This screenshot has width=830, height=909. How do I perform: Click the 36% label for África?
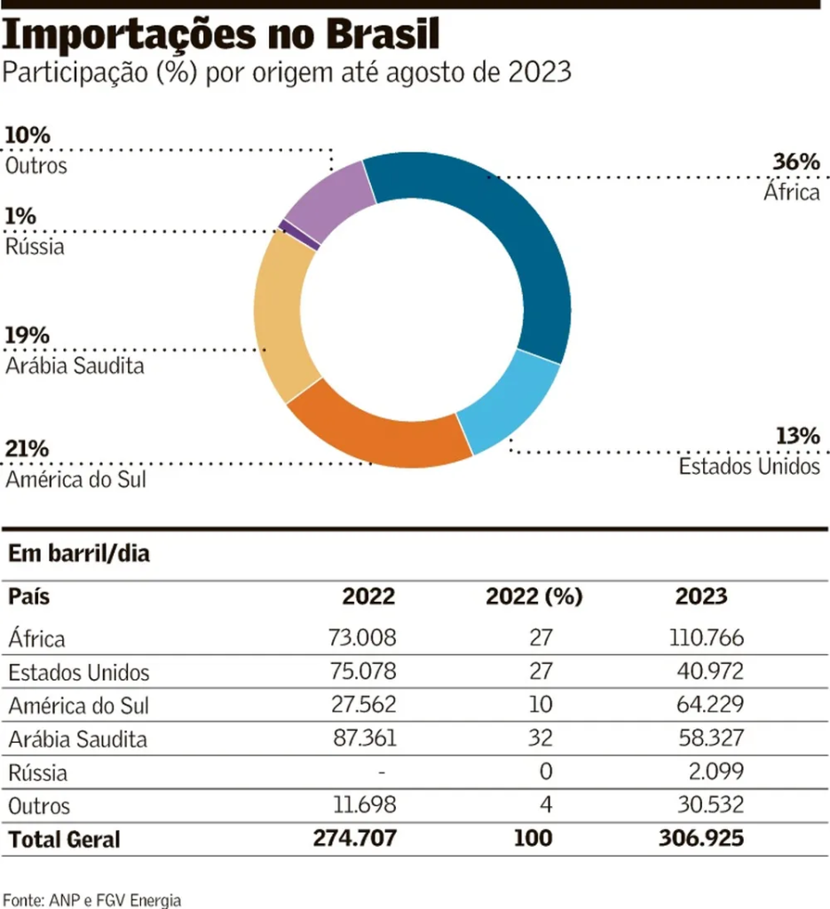pos(796,163)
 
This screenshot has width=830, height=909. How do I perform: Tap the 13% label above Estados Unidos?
pos(796,437)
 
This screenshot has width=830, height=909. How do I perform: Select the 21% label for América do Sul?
pos(27,449)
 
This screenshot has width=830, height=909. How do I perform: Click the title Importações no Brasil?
pos(222,35)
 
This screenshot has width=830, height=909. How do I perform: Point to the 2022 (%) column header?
pos(534,597)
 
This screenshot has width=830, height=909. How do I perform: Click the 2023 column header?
pos(700,597)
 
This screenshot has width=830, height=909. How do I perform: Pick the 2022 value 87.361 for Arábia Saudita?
pos(361,739)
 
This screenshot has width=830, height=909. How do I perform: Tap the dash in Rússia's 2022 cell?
pos(380,772)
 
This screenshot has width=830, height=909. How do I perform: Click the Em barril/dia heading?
pos(79,555)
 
